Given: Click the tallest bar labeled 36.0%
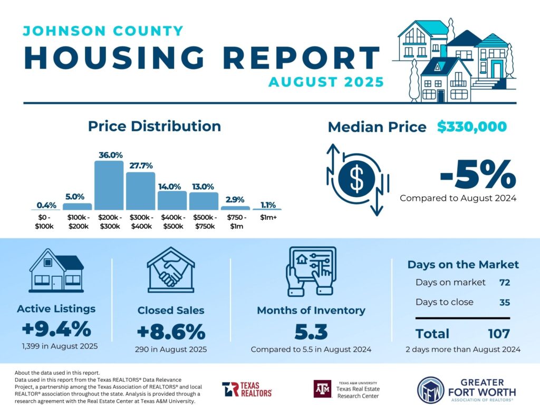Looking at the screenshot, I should tap(109, 185).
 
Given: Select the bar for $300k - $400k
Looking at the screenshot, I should tap(140, 191).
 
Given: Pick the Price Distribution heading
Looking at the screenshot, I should tap(155, 127).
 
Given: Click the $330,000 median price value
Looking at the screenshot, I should tap(471, 127).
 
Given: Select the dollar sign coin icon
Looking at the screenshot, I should tap(357, 179).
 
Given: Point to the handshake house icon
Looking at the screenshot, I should tap(170, 270).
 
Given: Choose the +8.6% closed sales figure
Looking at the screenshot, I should tap(170, 332).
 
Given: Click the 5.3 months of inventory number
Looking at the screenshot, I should tap(311, 332).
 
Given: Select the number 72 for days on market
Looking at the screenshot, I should tap(504, 283).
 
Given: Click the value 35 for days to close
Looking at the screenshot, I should tap(504, 303).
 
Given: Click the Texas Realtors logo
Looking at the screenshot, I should tap(247, 390).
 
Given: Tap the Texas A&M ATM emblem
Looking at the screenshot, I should tap(322, 389).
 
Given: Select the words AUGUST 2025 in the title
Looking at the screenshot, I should tap(326, 82).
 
